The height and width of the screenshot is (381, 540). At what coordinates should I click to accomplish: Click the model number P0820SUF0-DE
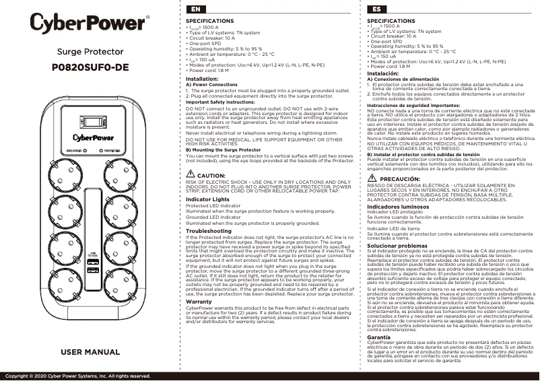(89, 67)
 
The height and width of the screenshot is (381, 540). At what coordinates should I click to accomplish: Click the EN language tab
(195, 10)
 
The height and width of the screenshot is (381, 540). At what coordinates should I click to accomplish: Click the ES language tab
(376, 10)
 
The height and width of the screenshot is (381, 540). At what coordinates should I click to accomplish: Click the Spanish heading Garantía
(380, 317)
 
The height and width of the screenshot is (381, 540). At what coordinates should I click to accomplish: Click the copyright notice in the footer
(78, 376)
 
